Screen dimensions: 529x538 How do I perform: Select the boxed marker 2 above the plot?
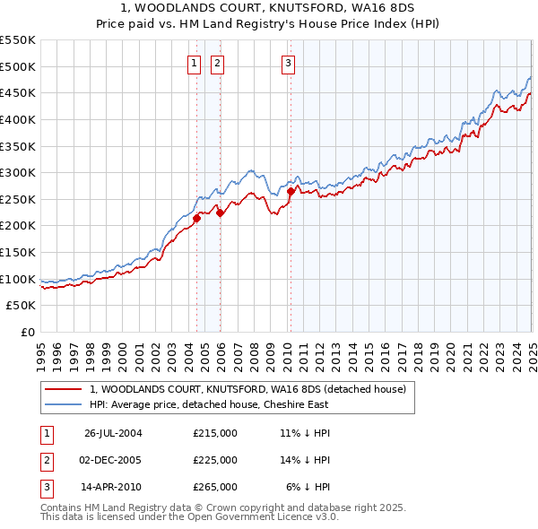click(x=218, y=63)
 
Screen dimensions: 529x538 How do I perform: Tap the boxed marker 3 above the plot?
click(x=288, y=63)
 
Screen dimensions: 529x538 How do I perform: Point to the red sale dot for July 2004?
click(x=196, y=217)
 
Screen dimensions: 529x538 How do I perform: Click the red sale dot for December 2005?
click(x=220, y=212)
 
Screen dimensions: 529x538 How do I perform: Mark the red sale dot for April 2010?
click(x=291, y=191)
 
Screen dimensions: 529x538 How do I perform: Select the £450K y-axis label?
click(x=19, y=92)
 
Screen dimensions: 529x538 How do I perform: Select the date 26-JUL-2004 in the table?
click(x=113, y=433)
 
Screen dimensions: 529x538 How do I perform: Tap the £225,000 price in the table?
click(x=215, y=460)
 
